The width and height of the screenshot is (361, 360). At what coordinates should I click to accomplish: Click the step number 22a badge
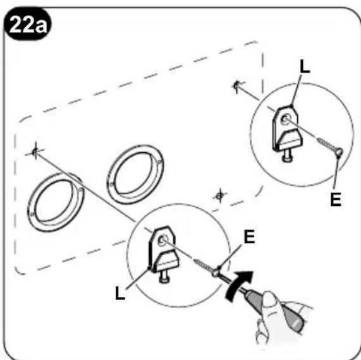(27, 25)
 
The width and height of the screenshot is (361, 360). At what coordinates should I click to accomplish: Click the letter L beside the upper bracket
(305, 66)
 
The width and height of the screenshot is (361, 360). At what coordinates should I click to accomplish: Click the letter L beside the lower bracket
(120, 292)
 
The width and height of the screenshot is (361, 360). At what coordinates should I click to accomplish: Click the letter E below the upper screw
(336, 199)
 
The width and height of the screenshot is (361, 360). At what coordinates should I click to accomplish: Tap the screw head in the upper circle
(340, 152)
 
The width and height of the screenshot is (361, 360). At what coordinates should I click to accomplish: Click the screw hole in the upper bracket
(285, 119)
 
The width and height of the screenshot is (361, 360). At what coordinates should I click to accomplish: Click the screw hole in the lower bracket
(162, 241)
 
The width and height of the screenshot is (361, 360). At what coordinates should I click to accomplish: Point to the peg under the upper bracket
(286, 156)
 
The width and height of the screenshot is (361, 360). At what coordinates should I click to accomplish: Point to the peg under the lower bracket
(164, 277)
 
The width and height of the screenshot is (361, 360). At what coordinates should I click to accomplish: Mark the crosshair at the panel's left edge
(35, 152)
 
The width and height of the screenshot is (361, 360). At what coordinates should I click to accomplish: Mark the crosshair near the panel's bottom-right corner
(219, 196)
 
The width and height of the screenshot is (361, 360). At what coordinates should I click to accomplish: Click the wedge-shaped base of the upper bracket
(291, 140)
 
